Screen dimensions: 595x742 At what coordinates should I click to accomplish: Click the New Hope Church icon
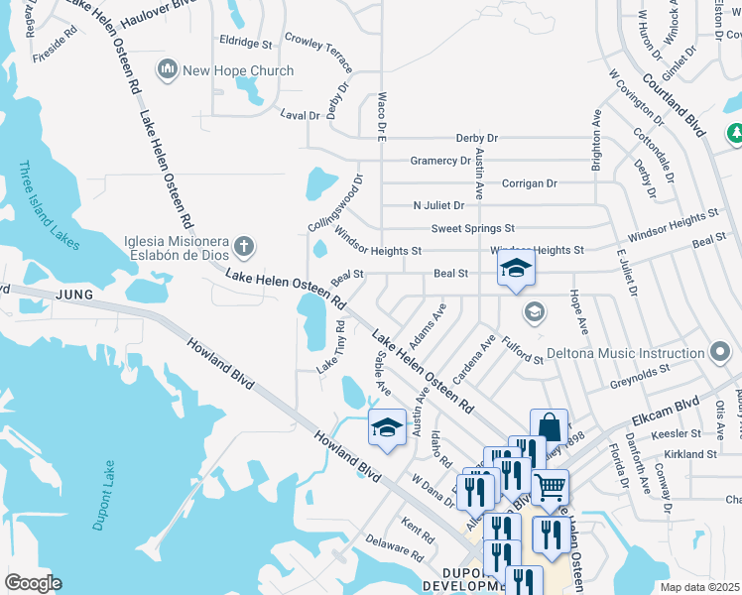(x=167, y=70)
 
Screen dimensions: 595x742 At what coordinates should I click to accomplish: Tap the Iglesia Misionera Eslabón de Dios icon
(x=244, y=245)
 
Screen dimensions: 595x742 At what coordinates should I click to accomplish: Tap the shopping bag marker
(x=549, y=427)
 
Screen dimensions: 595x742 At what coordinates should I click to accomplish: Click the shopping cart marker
(x=550, y=487)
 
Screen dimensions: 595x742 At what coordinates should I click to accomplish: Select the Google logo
(x=32, y=583)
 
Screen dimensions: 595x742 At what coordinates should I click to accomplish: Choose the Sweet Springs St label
(x=472, y=228)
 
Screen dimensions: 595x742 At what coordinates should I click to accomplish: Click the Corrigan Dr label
(x=529, y=183)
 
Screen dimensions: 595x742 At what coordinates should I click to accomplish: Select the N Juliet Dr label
(x=438, y=206)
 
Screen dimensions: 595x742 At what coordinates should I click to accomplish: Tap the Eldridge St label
(x=245, y=44)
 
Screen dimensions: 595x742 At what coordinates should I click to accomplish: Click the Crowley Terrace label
(x=320, y=53)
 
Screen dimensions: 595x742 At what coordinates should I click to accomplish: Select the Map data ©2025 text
(x=700, y=587)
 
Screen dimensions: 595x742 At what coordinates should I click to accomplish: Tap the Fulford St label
(x=523, y=352)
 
